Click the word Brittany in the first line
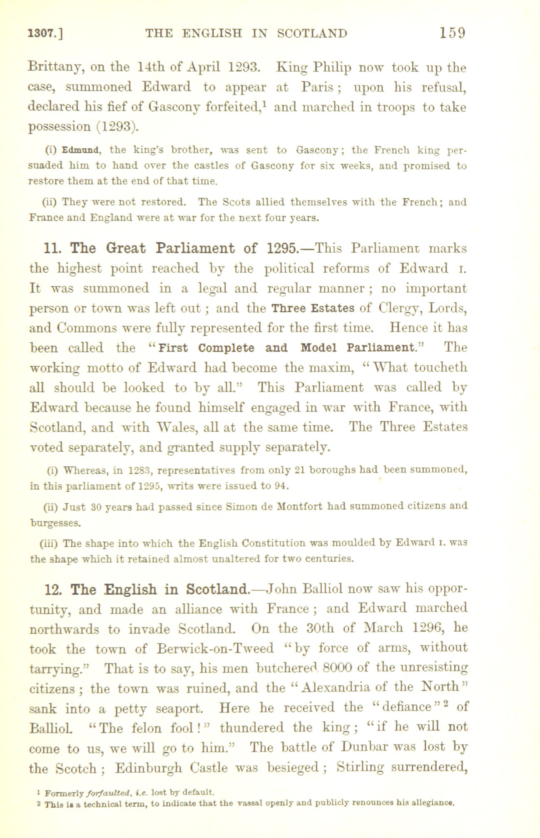click(x=55, y=68)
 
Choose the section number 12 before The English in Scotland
click(x=53, y=590)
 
